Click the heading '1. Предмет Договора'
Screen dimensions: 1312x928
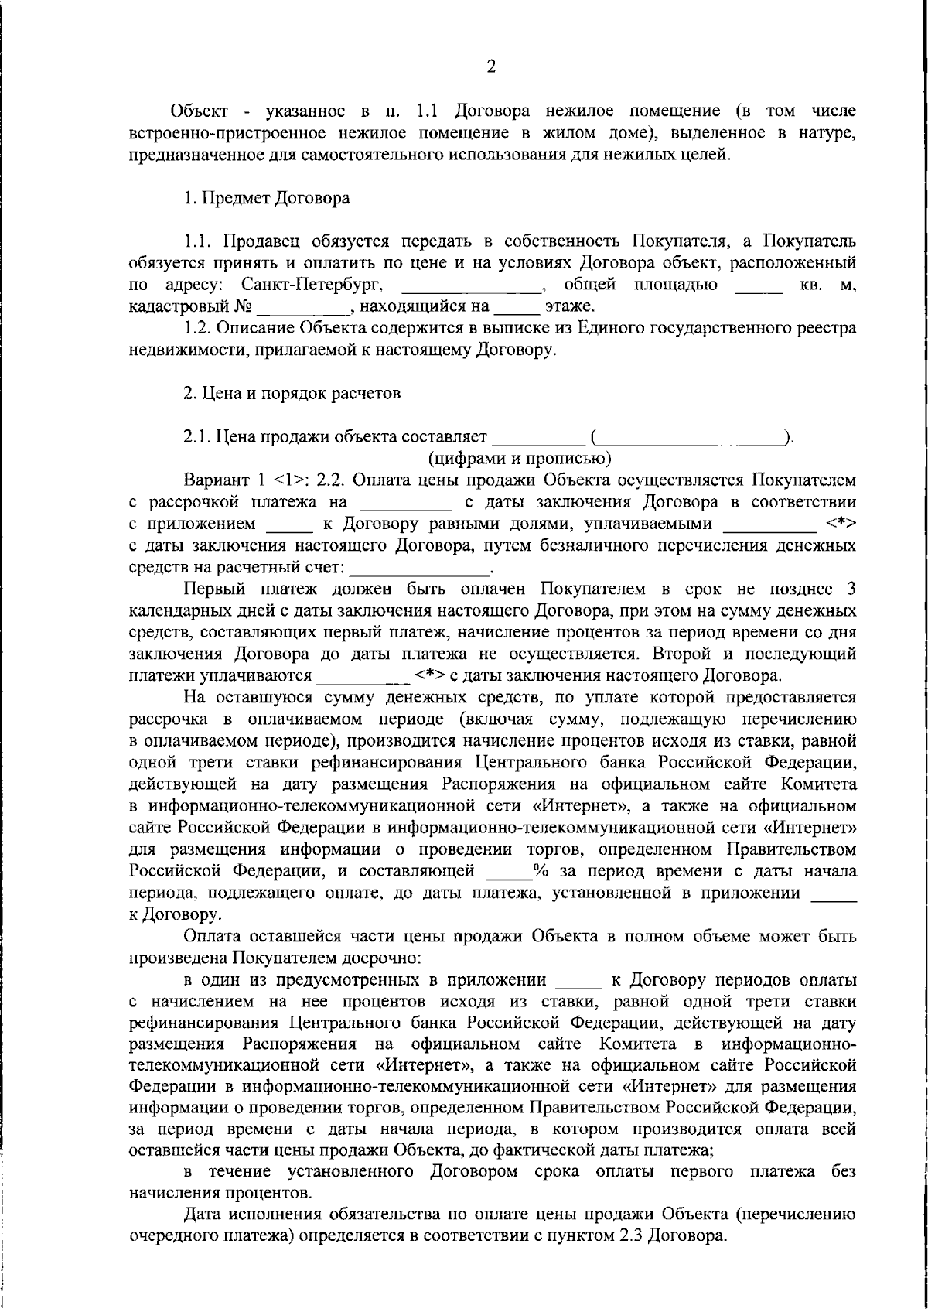tap(266, 198)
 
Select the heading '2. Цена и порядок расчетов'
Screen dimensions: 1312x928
tap(292, 394)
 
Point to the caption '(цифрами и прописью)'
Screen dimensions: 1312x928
tap(520, 459)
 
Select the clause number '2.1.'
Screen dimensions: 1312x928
tap(198, 437)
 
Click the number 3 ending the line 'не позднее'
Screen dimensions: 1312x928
tap(851, 589)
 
